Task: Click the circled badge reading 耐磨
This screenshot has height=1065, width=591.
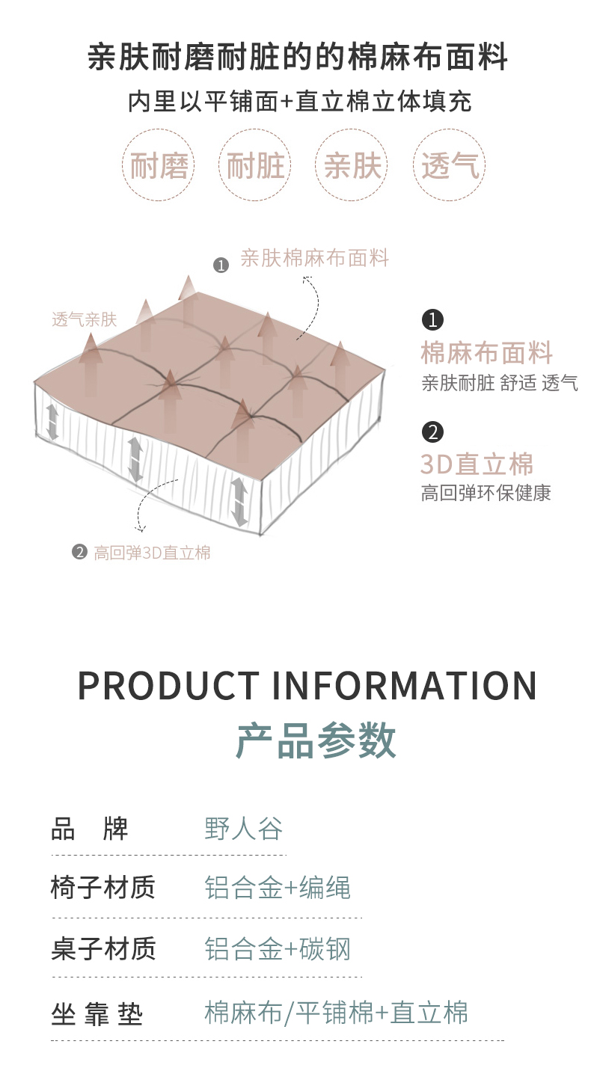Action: coord(159,165)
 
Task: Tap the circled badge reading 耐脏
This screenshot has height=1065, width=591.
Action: coord(255,165)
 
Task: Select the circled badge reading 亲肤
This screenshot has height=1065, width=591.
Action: coord(352,165)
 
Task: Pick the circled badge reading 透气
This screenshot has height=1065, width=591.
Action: coord(450,165)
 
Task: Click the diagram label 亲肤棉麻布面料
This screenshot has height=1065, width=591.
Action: coord(314,259)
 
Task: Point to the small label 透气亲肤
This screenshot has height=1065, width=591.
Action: coord(85,319)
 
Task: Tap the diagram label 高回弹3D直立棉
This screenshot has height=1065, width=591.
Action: coord(152,553)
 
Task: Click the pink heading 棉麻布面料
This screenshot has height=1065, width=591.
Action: coord(486,352)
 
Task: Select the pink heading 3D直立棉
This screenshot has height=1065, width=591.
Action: coord(477,464)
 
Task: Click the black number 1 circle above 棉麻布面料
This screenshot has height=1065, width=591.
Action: coord(432,320)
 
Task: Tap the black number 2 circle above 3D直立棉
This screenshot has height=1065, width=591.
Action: coord(432,432)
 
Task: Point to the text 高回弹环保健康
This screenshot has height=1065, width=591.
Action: coord(486,493)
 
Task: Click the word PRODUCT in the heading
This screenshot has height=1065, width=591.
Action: coord(168,686)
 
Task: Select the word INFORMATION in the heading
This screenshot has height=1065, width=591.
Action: coord(404,686)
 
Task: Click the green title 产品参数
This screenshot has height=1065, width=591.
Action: coord(316,741)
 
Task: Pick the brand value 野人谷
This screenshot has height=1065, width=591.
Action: coord(244,829)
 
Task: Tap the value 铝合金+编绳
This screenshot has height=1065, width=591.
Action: coord(278,888)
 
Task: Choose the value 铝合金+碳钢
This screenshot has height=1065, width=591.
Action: coord(278,948)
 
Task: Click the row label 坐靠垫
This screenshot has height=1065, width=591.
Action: coord(97,1014)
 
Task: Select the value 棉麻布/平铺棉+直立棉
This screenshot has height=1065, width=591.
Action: coord(336,1013)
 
